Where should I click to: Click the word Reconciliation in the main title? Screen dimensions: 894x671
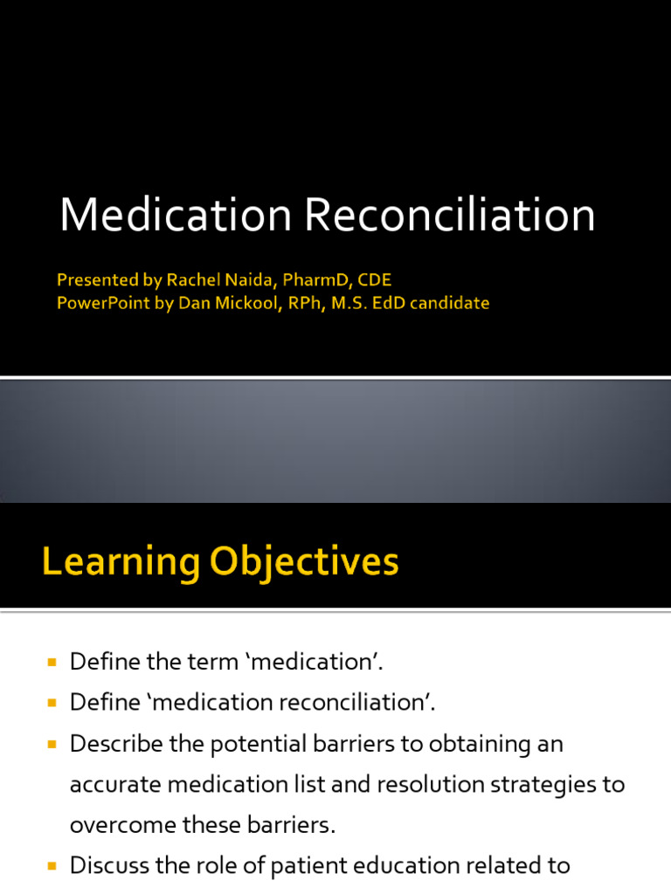[x=450, y=215]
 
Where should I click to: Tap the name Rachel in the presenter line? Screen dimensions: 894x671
[x=193, y=280]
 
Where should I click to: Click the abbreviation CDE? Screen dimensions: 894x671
[x=373, y=280]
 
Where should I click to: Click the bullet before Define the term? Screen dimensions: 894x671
[x=51, y=663]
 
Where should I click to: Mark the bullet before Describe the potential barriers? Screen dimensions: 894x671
[x=51, y=745]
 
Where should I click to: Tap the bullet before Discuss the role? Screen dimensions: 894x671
[x=51, y=867]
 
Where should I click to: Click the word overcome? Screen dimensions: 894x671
[x=120, y=825]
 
